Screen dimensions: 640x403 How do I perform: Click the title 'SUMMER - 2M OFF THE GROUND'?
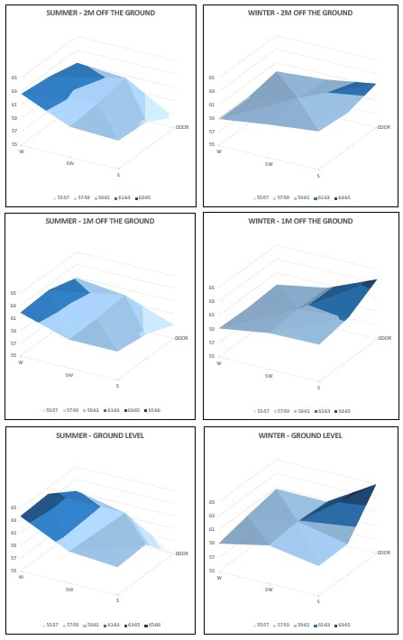click(101, 14)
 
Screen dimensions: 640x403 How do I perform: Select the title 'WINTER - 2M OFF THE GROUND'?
click(300, 14)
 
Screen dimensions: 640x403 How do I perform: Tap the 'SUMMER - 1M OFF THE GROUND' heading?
click(101, 221)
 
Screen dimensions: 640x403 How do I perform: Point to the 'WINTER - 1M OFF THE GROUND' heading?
click(300, 221)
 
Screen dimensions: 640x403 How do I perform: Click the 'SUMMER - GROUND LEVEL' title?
click(101, 434)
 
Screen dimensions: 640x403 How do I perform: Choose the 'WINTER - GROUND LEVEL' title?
click(300, 434)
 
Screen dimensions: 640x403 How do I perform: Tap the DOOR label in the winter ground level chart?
click(384, 553)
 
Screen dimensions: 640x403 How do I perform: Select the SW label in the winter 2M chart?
click(269, 165)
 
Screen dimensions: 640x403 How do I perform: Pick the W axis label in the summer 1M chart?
click(21, 362)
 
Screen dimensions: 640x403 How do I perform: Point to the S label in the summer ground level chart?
click(117, 599)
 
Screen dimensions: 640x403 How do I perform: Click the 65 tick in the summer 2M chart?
click(14, 78)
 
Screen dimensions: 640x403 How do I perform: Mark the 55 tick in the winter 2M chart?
click(212, 144)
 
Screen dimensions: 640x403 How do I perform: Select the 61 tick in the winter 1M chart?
click(212, 315)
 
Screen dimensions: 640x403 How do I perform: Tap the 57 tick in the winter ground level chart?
click(212, 557)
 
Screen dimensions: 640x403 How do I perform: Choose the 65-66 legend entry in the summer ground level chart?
click(156, 625)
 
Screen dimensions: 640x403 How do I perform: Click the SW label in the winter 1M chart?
click(269, 376)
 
